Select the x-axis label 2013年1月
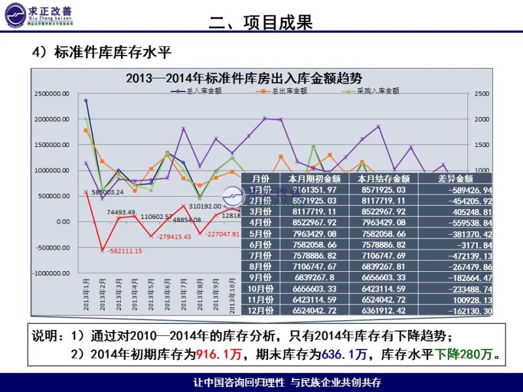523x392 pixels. coord(86,292)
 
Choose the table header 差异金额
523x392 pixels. coord(456,178)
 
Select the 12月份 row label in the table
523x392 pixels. coord(261,312)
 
